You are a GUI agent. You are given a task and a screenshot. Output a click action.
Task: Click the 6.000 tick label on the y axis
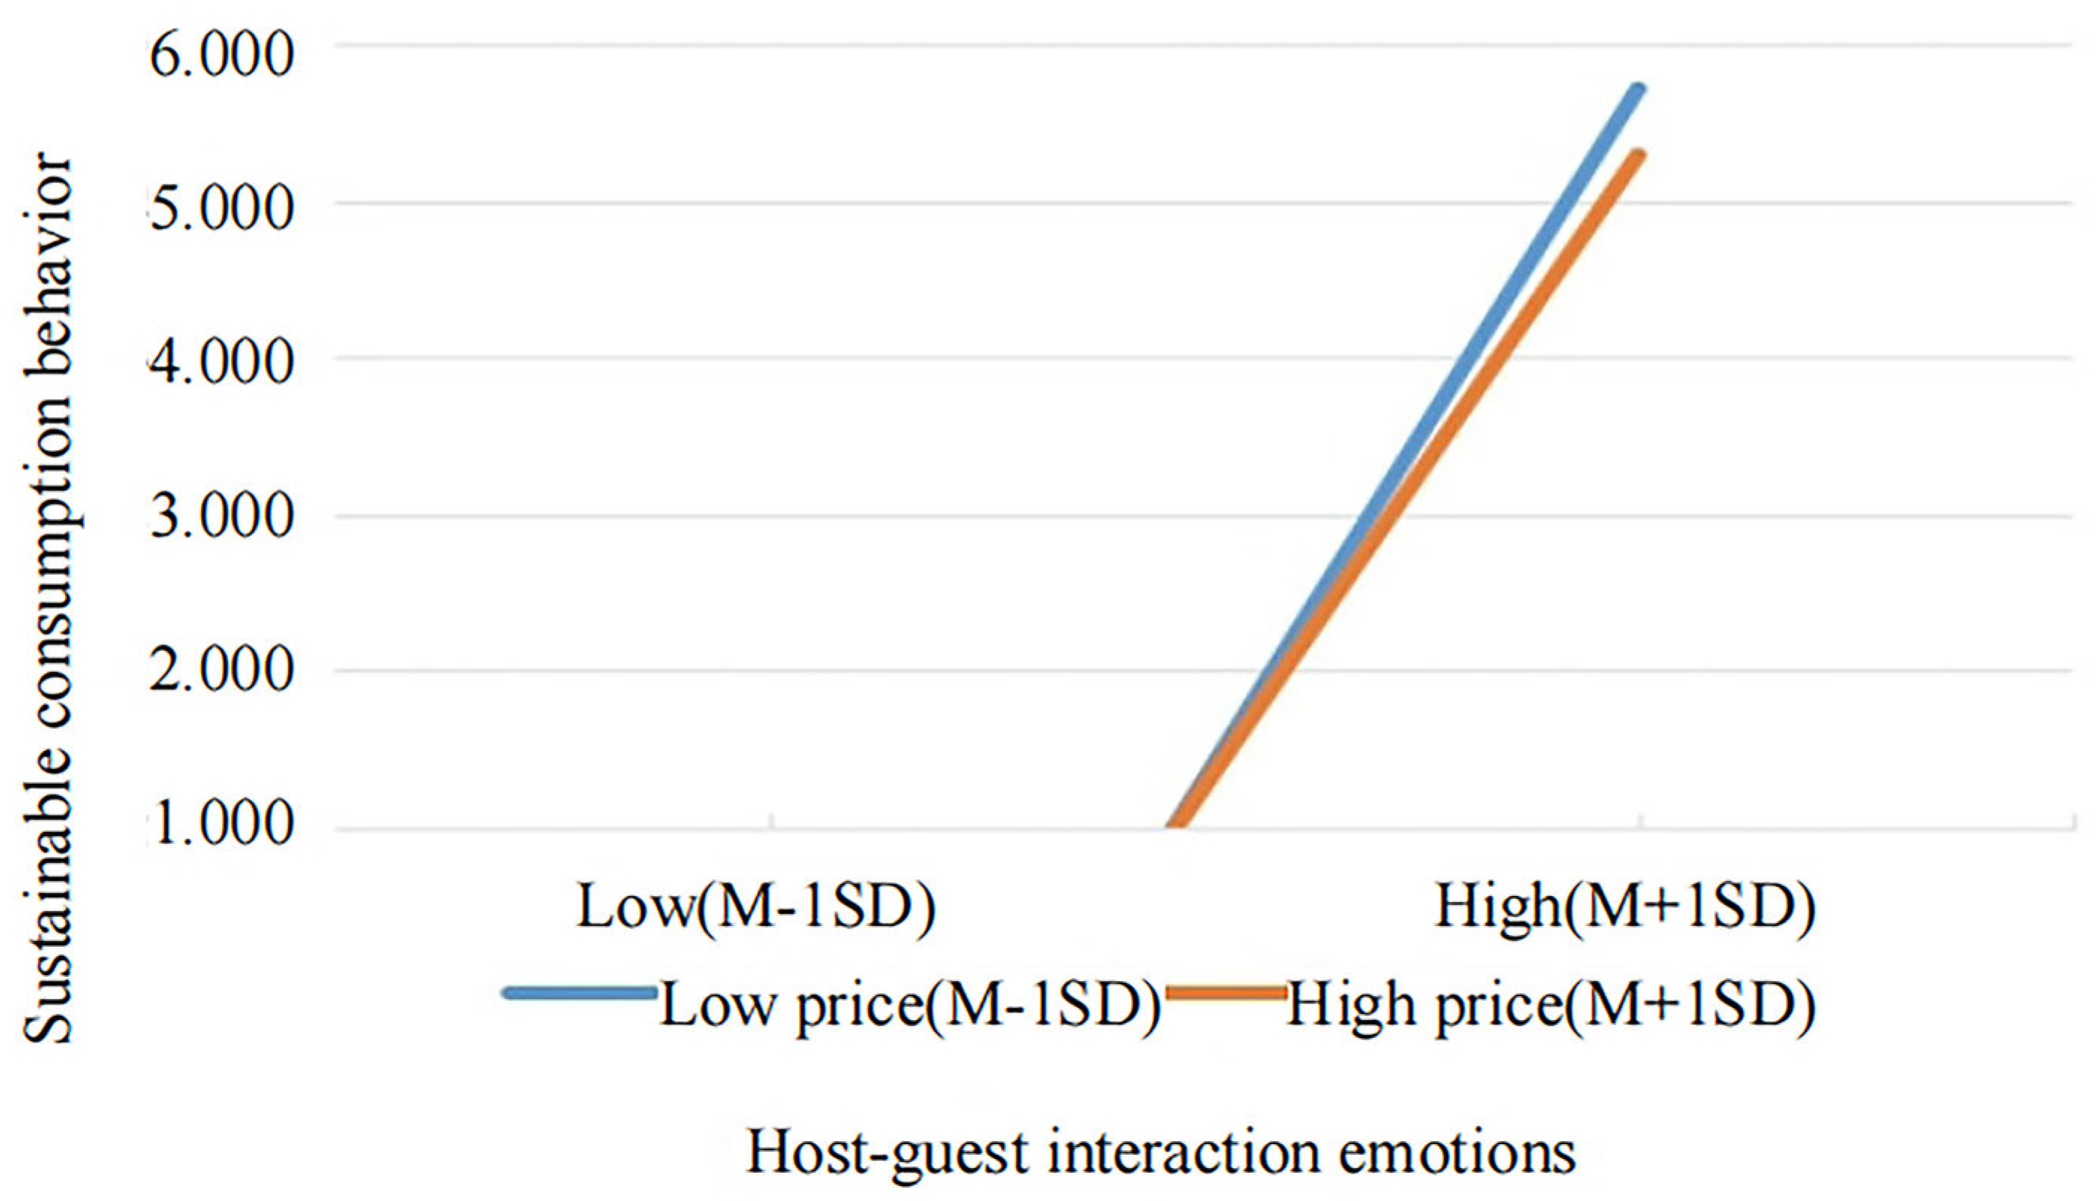click(x=221, y=55)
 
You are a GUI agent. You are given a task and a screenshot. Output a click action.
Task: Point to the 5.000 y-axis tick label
click(x=221, y=208)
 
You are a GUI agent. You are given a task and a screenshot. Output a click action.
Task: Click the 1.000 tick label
click(x=221, y=824)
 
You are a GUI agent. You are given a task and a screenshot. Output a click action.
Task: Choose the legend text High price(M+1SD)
click(x=1551, y=1005)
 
